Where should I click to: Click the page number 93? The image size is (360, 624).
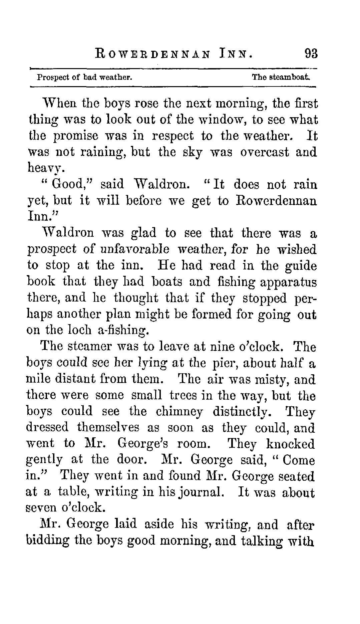coord(310,54)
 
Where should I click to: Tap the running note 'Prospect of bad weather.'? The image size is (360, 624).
coord(85,77)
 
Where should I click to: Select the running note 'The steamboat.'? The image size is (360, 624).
coord(281,77)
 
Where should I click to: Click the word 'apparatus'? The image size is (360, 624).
coord(288,282)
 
